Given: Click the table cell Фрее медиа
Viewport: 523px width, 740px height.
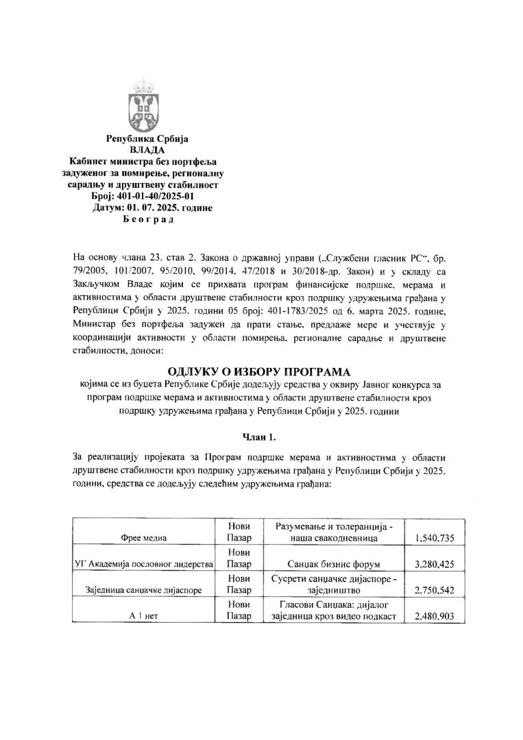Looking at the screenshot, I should (144, 538).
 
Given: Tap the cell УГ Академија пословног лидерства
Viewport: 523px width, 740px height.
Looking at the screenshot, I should (144, 564).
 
